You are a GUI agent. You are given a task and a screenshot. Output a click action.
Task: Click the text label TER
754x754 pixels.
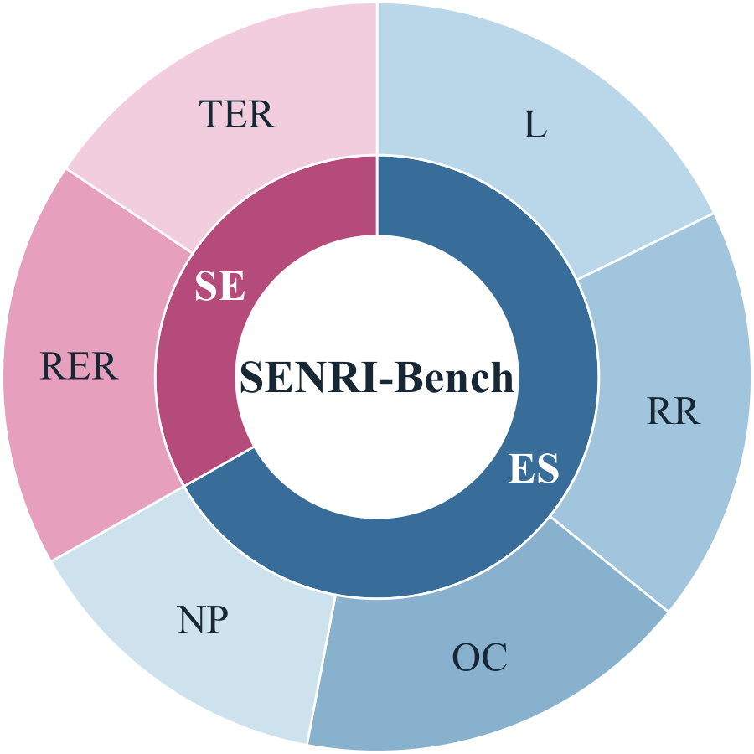pos(237,114)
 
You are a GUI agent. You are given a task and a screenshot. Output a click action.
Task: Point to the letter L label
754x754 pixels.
pos(535,124)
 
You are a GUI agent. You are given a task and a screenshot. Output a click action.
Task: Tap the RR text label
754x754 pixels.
pos(674,411)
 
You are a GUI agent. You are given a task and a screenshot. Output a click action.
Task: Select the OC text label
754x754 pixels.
pos(479,657)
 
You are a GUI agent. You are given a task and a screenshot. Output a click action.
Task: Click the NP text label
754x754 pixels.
pos(203,619)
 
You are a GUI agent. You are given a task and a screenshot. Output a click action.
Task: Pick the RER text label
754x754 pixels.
pos(79,366)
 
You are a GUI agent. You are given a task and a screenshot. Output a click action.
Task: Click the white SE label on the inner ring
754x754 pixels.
pos(219,286)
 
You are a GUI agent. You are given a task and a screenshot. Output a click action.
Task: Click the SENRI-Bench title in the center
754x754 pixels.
pos(376,377)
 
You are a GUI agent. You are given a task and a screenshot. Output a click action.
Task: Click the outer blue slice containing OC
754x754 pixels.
pos(481,658)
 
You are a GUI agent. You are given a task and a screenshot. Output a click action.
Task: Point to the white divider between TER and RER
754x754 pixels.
pos(129,210)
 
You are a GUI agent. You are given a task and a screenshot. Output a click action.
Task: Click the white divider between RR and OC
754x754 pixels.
pos(609,564)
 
